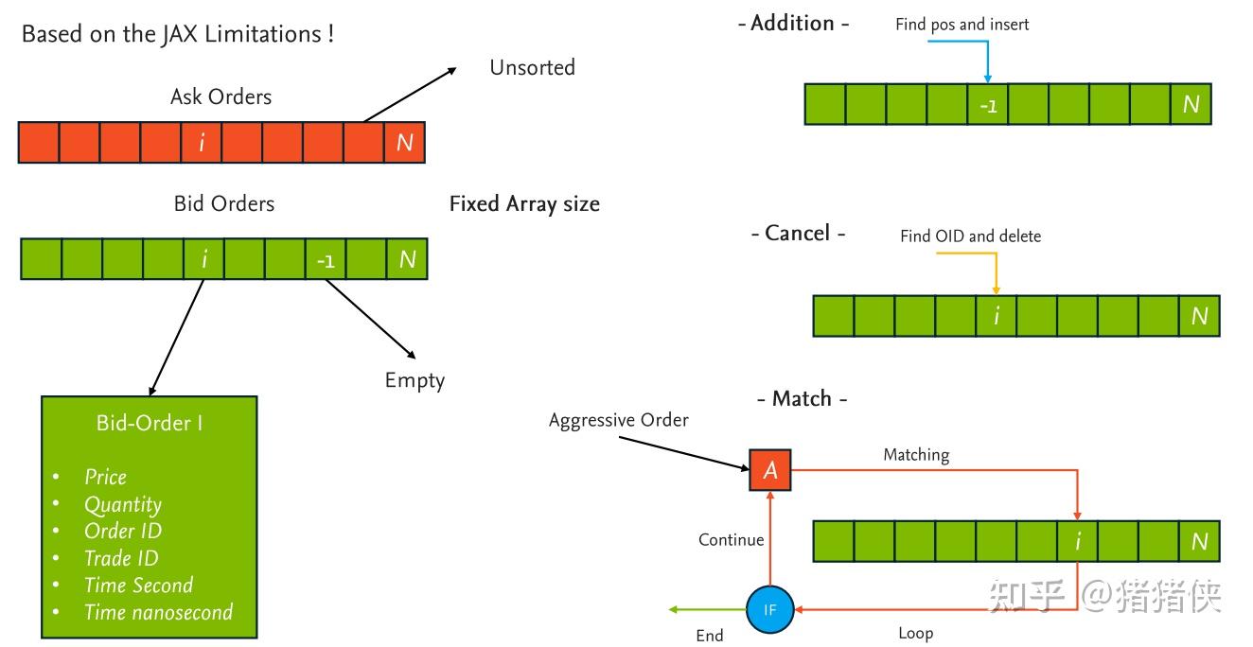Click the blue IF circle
pyautogui.click(x=769, y=610)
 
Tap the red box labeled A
pyautogui.click(x=769, y=470)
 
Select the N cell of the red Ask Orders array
pyautogui.click(x=404, y=143)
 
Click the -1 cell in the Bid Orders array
pyautogui.click(x=325, y=259)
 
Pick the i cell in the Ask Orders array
pyautogui.click(x=201, y=143)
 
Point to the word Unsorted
pyautogui.click(x=532, y=67)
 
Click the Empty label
pyautogui.click(x=415, y=380)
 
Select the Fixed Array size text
pyautogui.click(x=524, y=203)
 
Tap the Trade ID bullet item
pyautogui.click(x=121, y=558)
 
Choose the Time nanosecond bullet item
pyautogui.click(x=158, y=612)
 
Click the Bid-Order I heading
pyautogui.click(x=150, y=423)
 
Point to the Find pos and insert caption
pyautogui.click(x=962, y=25)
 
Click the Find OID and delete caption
pyautogui.click(x=970, y=236)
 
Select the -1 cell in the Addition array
pyautogui.click(x=987, y=105)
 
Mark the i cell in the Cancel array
pyautogui.click(x=996, y=316)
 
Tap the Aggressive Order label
pyautogui.click(x=619, y=419)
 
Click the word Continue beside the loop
pyautogui.click(x=731, y=539)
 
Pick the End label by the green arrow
pyautogui.click(x=710, y=636)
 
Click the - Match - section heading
pyautogui.click(x=802, y=398)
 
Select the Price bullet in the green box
pyautogui.click(x=105, y=477)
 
